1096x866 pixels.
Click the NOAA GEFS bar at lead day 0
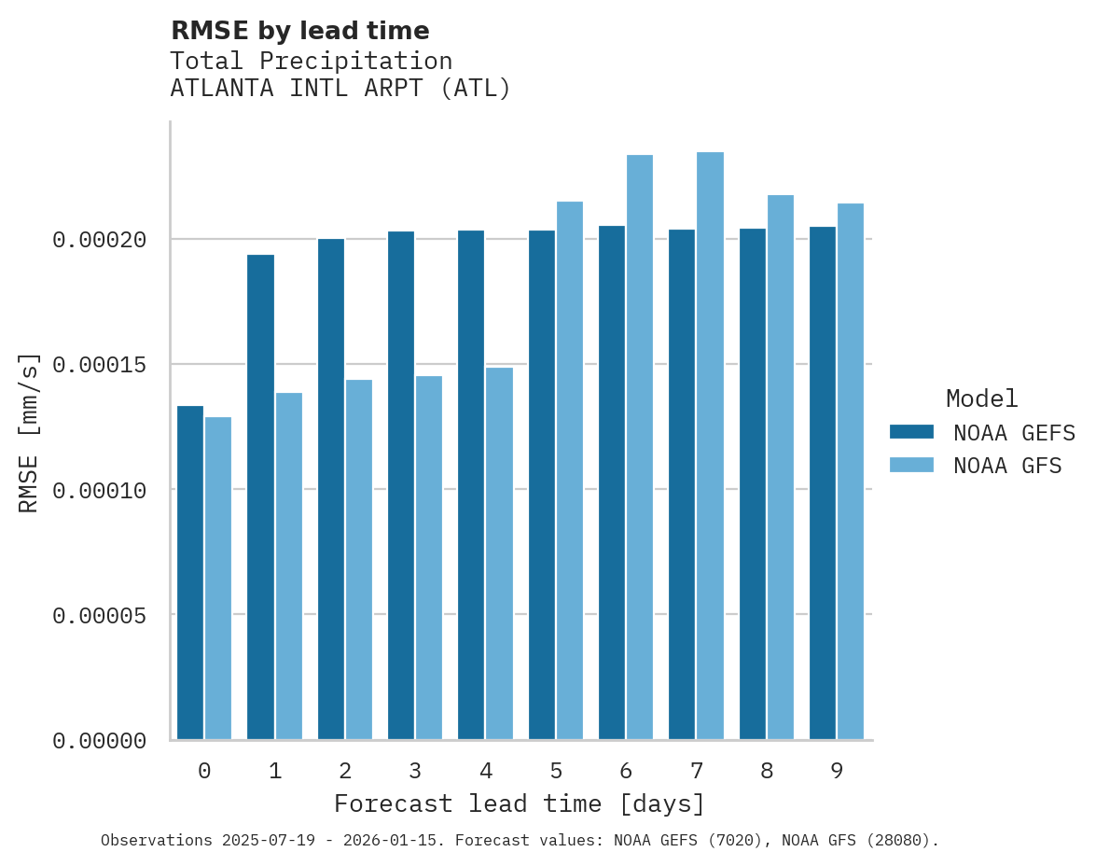pyautogui.click(x=190, y=573)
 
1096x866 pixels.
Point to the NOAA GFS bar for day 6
pyautogui.click(x=640, y=447)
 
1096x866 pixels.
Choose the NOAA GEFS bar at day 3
pyautogui.click(x=401, y=485)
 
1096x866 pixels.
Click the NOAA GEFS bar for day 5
pyautogui.click(x=542, y=484)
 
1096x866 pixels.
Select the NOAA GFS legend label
pyautogui.click(x=1007, y=466)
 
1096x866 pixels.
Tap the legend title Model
pyautogui.click(x=981, y=398)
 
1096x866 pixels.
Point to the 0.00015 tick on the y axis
pyautogui.click(x=100, y=364)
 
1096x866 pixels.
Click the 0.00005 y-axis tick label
pyautogui.click(x=100, y=615)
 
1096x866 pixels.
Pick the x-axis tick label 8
pyautogui.click(x=767, y=772)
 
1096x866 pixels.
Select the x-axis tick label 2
pyautogui.click(x=345, y=772)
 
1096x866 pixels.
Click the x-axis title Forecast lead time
pyautogui.click(x=520, y=803)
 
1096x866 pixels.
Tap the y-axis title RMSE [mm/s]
pyautogui.click(x=29, y=432)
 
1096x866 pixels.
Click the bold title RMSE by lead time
pyautogui.click(x=299, y=31)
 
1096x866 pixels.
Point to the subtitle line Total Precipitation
pyautogui.click(x=312, y=61)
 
